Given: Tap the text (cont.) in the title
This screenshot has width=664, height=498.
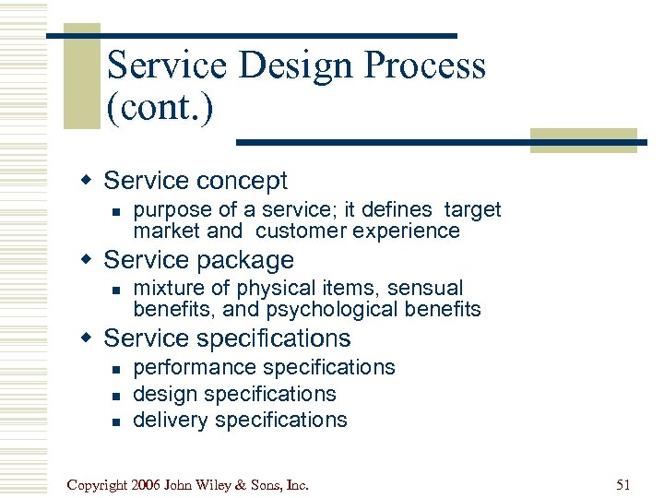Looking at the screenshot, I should click(x=160, y=108).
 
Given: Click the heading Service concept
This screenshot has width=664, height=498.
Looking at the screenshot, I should click(x=196, y=181).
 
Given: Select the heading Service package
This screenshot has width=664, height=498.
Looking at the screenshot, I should click(x=198, y=260).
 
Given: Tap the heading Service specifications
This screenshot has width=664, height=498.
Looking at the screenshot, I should click(x=227, y=338).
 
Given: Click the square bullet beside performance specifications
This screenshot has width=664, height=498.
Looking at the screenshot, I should click(x=115, y=369).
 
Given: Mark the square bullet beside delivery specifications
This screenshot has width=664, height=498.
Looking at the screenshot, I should click(x=115, y=421).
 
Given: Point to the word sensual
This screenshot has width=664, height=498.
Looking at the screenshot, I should click(x=425, y=289).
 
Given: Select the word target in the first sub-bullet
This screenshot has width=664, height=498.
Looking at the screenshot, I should click(x=471, y=210).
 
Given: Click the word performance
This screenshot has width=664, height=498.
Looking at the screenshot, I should click(x=195, y=367).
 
